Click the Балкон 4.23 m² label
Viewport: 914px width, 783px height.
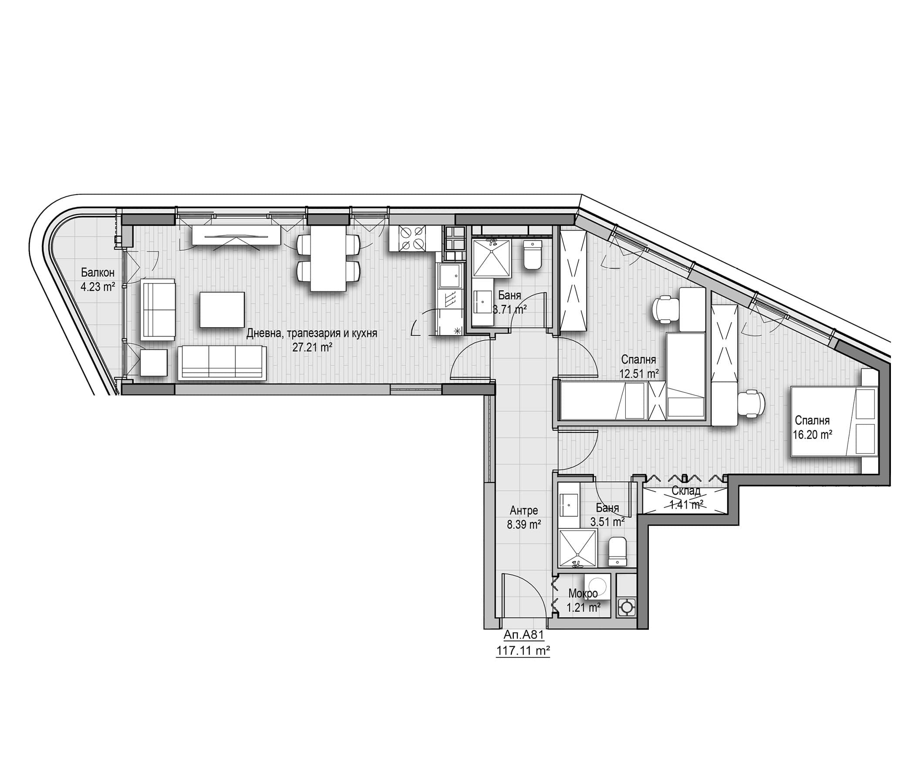(98, 280)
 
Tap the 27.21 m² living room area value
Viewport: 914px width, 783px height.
(312, 347)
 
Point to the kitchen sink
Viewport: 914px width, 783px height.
(449, 275)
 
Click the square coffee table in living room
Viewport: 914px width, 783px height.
(222, 309)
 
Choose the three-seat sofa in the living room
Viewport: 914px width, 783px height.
(223, 363)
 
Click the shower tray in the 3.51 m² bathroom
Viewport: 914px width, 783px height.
(577, 549)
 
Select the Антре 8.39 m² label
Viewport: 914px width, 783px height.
(523, 517)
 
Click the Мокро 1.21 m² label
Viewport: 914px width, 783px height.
(583, 601)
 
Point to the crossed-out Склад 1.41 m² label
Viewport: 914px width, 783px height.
(686, 498)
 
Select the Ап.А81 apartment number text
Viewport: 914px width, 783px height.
(523, 635)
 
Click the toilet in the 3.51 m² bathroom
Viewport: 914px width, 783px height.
(617, 551)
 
